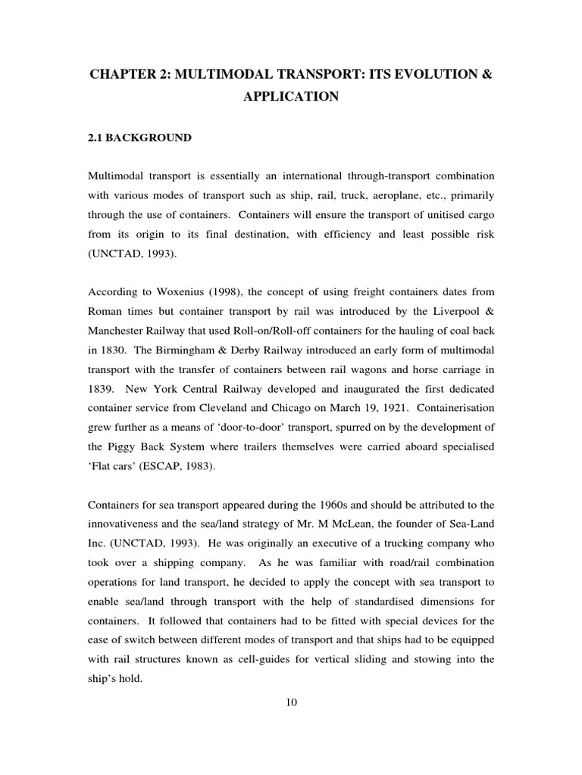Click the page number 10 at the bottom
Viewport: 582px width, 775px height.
point(291,702)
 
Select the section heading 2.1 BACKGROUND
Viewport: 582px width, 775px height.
point(140,138)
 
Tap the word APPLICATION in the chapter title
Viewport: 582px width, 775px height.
point(291,97)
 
